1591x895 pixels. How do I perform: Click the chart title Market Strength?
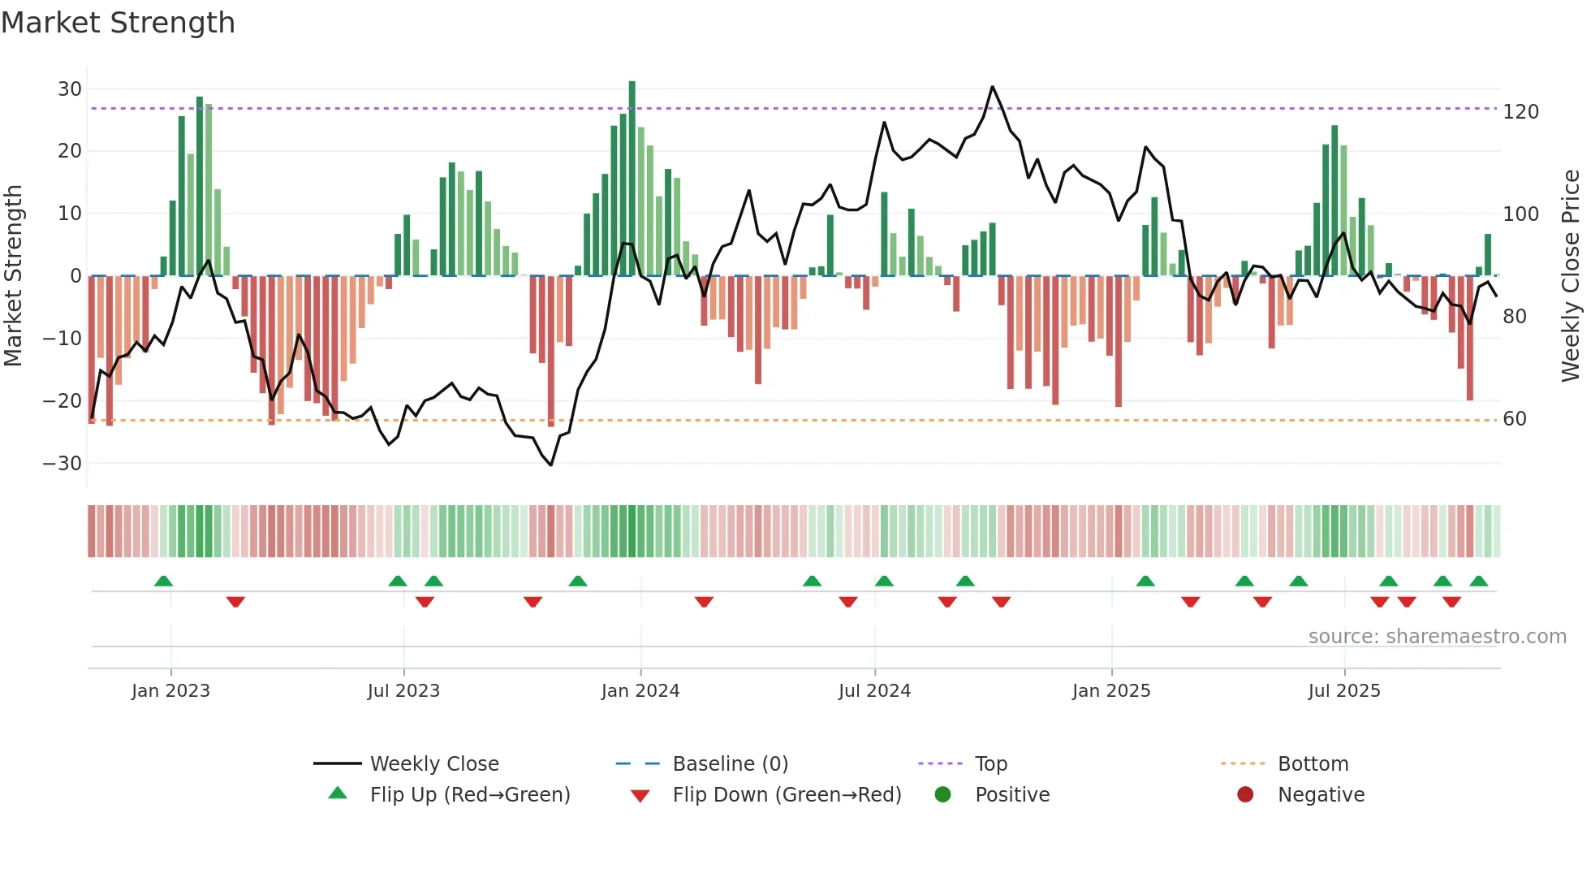coord(119,23)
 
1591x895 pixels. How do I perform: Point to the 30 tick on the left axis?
coord(70,89)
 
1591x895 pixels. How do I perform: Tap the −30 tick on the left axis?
coord(63,464)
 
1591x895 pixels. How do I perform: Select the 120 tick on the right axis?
coord(1520,112)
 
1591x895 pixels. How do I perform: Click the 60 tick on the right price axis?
coord(1515,419)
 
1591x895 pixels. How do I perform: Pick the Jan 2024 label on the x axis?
coord(640,691)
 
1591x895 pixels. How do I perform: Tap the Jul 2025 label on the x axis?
coord(1344,691)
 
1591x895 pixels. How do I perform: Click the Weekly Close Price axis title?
coord(1571,276)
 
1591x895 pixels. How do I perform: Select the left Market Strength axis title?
coord(13,276)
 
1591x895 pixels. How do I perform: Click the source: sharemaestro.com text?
coord(1437,637)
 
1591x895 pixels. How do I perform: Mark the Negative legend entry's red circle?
coord(1245,795)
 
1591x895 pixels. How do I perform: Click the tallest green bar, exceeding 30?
coord(632,179)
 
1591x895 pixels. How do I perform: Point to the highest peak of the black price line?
coord(992,87)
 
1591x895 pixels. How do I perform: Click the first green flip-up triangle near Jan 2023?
coord(163,582)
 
